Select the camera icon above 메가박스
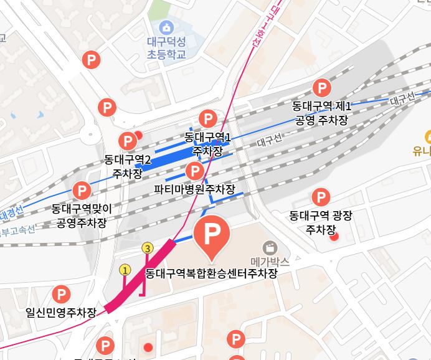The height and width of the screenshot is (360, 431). coord(270,247)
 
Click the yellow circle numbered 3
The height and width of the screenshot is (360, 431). coord(148,248)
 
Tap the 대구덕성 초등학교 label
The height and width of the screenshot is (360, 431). coord(166,49)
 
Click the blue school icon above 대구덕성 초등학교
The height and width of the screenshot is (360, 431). coord(166,27)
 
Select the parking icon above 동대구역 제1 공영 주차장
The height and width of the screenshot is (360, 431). coord(322,88)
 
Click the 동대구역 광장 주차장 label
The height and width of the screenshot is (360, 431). coord(320,222)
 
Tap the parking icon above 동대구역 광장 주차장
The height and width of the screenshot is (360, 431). coord(320,197)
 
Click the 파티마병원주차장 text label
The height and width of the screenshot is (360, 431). coord(195,189)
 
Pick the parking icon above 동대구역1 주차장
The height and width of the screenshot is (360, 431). coord(207,118)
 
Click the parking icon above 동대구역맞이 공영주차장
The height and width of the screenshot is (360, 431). coord(82,190)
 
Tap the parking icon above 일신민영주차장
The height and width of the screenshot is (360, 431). coord(61,293)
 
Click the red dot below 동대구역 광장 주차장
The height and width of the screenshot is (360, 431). coord(334,236)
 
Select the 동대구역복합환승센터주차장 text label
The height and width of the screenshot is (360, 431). coord(211,273)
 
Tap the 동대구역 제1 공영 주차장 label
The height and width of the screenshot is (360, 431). coord(322,112)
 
